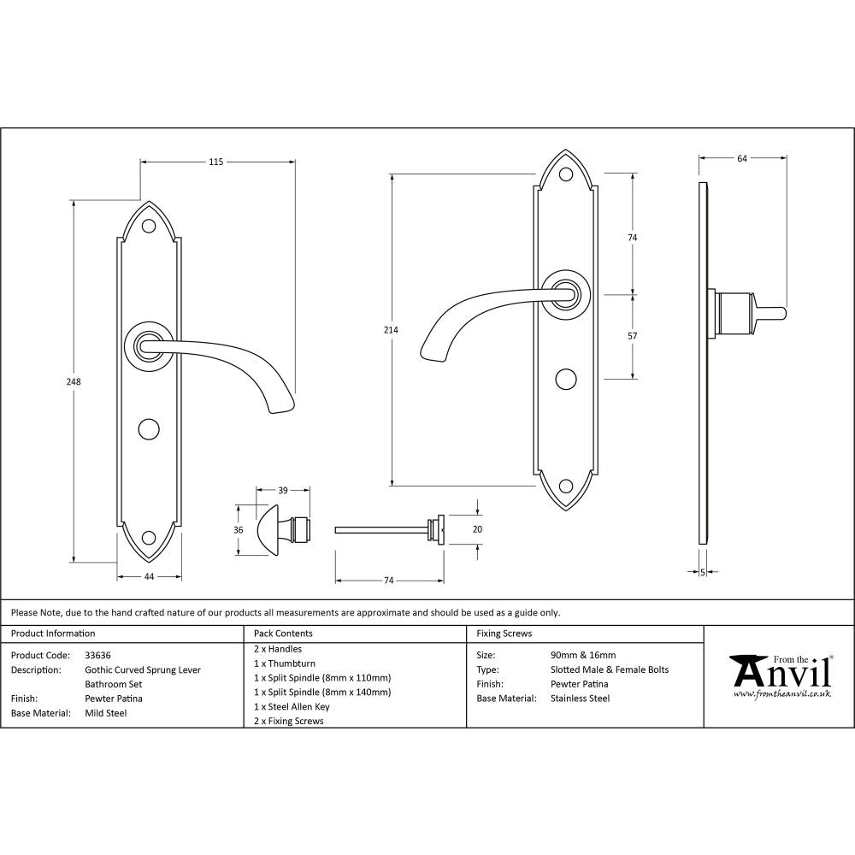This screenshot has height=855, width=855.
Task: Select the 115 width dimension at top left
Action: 215,162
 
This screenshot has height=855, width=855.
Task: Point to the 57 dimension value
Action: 633,336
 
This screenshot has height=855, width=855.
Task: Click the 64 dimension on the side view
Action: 741,158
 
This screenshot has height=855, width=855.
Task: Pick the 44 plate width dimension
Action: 149,577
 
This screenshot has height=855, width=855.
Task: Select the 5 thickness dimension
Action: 702,572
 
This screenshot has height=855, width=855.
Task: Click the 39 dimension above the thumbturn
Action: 282,490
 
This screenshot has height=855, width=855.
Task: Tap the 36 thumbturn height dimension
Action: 239,530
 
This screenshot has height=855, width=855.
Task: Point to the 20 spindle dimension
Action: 477,530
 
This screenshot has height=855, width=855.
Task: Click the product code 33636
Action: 97,655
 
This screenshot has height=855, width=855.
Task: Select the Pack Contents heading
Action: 283,634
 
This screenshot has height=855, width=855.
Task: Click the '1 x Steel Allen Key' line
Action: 292,706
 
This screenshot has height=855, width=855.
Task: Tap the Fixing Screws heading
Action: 504,634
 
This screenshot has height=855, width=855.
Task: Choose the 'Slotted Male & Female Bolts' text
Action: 610,669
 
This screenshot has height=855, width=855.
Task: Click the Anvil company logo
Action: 780,675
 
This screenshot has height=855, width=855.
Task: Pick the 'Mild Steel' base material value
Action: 105,712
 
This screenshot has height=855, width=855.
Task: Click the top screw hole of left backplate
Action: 149,227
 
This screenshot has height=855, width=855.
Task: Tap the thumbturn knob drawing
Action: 272,530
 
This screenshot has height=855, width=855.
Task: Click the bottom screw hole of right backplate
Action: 566,486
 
